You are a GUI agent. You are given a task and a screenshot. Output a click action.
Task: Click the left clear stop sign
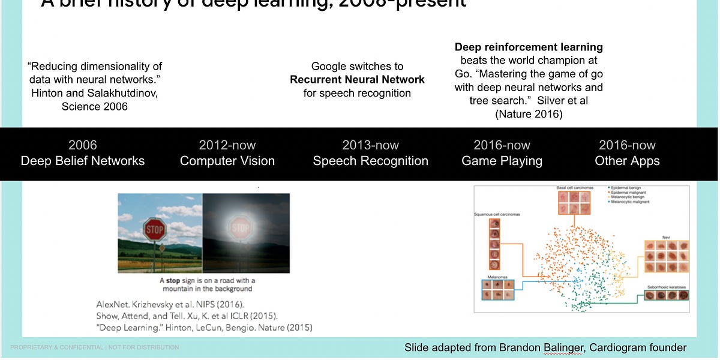click(154, 230)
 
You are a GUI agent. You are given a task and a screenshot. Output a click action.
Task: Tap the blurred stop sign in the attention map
click(241, 228)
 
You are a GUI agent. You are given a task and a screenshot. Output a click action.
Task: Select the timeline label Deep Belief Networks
click(83, 161)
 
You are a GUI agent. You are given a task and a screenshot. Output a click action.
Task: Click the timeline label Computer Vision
click(227, 161)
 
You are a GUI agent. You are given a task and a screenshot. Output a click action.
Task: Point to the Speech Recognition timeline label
click(370, 161)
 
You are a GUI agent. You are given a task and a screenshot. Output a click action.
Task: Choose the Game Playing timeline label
click(502, 161)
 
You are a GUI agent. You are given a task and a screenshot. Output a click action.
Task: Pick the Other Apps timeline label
click(627, 161)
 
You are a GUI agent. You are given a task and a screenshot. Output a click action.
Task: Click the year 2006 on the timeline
click(83, 145)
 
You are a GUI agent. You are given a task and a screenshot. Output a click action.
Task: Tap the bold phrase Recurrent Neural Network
click(357, 80)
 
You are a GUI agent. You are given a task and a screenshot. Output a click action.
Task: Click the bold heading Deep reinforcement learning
click(529, 47)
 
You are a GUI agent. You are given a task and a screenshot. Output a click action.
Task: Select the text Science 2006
click(95, 107)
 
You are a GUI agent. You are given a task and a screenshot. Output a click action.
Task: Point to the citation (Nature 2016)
click(529, 114)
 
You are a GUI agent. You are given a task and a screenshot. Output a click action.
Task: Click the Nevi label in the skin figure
click(666, 236)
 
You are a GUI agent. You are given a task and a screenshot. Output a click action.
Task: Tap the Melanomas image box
click(497, 289)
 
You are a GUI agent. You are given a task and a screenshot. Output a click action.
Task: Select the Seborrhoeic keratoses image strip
click(666, 295)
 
